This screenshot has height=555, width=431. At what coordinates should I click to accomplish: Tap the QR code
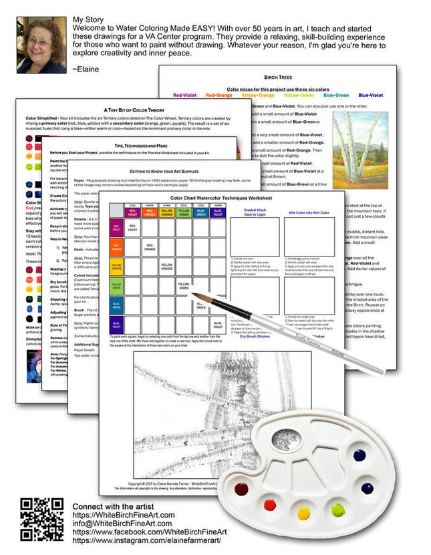pos(41,519)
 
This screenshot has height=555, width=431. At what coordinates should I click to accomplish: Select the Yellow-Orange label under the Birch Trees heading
pos(296,95)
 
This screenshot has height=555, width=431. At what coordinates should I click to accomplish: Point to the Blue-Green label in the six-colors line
pos(337,95)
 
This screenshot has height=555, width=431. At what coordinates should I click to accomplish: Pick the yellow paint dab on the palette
pos(304,513)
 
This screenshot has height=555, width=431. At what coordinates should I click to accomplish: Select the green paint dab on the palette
pos(337,511)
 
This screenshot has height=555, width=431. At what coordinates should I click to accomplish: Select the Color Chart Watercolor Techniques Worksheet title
pos(221,198)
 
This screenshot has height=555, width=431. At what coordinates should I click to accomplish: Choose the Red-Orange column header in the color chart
pos(150,212)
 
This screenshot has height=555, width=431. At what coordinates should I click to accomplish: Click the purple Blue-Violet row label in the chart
pos(116,326)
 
